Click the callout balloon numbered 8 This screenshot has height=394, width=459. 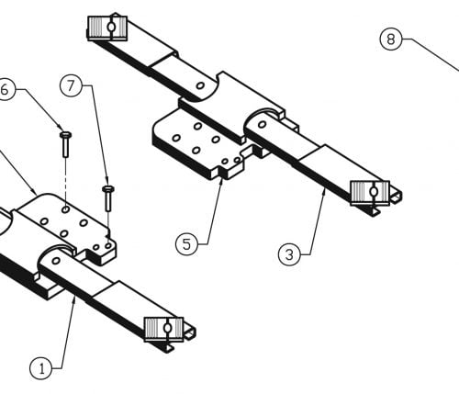[391, 39]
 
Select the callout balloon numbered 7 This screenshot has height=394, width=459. [71, 86]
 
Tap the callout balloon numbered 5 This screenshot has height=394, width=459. [186, 244]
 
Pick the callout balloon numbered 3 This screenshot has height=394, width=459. [289, 254]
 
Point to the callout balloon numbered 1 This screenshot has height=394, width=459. [41, 368]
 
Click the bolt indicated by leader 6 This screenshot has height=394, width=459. [65, 144]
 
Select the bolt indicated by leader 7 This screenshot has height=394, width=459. [108, 198]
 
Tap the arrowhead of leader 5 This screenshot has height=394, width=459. [221, 180]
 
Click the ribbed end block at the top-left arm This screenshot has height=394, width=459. [107, 28]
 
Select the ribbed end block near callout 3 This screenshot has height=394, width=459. [370, 193]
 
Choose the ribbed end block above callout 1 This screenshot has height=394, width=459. [163, 330]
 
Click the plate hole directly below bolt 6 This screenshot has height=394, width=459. [65, 209]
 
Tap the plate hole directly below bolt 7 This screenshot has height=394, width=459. [107, 245]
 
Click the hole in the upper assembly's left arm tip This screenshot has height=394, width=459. [200, 85]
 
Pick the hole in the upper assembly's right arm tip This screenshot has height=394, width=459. [263, 124]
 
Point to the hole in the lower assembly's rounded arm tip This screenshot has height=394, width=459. [56, 261]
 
